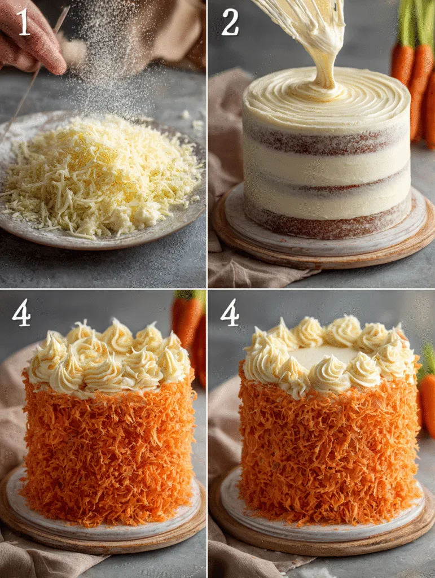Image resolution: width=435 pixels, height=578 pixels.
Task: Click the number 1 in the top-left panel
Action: point(23,23)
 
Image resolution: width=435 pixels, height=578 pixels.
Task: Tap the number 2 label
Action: point(230,23)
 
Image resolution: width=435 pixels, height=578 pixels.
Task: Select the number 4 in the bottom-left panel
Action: point(21,313)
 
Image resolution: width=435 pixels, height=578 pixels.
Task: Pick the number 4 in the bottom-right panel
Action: point(230,313)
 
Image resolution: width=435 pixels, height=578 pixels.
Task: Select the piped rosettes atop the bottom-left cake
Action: point(107,356)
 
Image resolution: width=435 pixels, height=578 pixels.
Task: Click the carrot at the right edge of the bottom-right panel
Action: point(427,395)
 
